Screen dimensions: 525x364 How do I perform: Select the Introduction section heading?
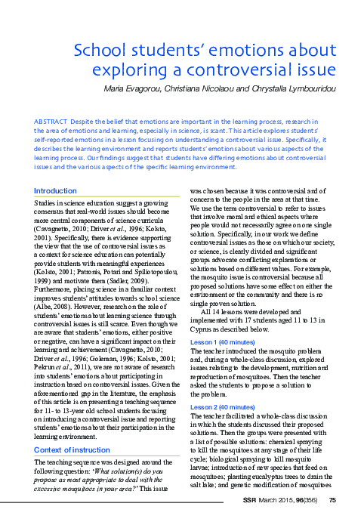[56, 191]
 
